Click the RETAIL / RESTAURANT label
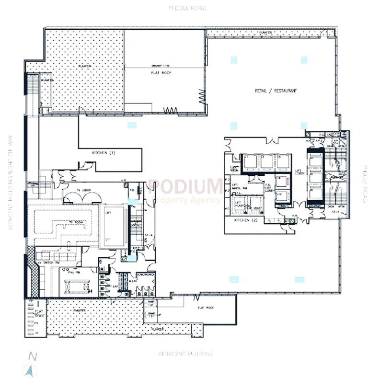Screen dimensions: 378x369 276,91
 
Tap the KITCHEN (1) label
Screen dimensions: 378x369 104,153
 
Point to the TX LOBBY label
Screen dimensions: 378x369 85,191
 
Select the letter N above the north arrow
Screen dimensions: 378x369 32,356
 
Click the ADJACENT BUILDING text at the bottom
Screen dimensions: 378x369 185,354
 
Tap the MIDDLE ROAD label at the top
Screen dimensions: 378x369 187,8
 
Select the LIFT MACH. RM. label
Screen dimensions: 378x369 239,188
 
